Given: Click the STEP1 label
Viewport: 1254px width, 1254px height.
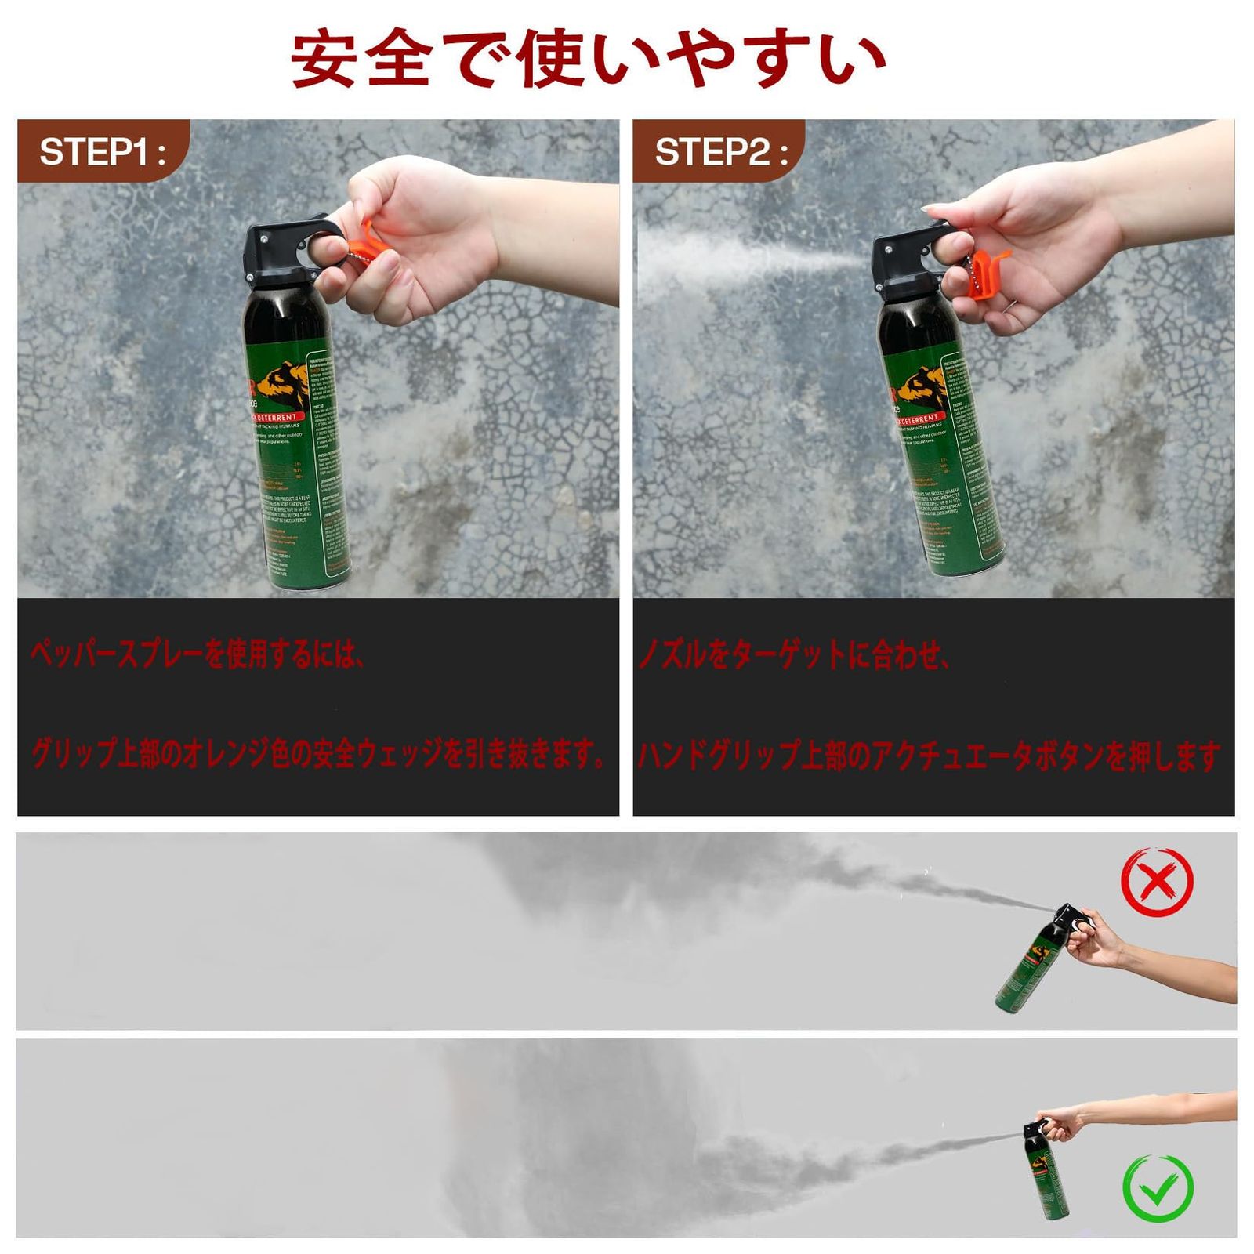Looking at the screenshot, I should [102, 151].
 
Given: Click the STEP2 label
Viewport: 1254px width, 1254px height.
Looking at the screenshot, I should [719, 151].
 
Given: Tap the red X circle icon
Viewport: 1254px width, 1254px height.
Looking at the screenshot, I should [1158, 882].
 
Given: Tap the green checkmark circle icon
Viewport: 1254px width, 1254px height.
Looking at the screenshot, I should [1158, 1187].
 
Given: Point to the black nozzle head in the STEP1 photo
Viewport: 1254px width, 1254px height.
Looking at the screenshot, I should [278, 247].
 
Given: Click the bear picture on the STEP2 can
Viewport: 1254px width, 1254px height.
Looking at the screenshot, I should [920, 388].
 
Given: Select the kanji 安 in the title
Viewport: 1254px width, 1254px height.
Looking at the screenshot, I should [324, 59].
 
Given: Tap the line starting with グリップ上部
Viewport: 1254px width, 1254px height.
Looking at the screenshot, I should [317, 754].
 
